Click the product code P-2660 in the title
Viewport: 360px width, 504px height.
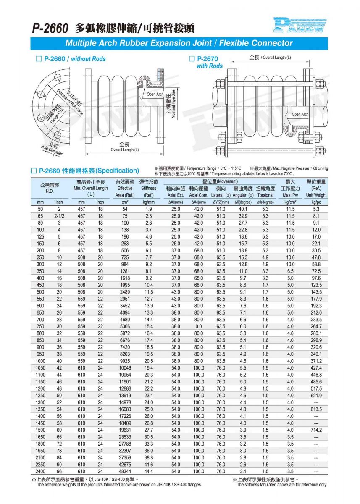pos(50,28)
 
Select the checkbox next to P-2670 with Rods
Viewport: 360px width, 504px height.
pos(192,59)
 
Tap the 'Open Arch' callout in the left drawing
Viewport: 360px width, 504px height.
pos(155,94)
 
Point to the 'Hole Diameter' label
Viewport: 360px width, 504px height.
pos(52,150)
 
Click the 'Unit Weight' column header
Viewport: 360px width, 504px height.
pos(316,195)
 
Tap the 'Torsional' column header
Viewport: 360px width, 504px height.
pos(265,195)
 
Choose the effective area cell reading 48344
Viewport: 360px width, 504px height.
pos(124,471)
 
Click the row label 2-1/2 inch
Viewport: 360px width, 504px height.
pos(59,216)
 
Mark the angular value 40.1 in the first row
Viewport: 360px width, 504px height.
pos(243,209)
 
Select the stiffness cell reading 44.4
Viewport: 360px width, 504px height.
pos(148,471)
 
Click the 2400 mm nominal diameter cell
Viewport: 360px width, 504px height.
pos(41,471)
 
